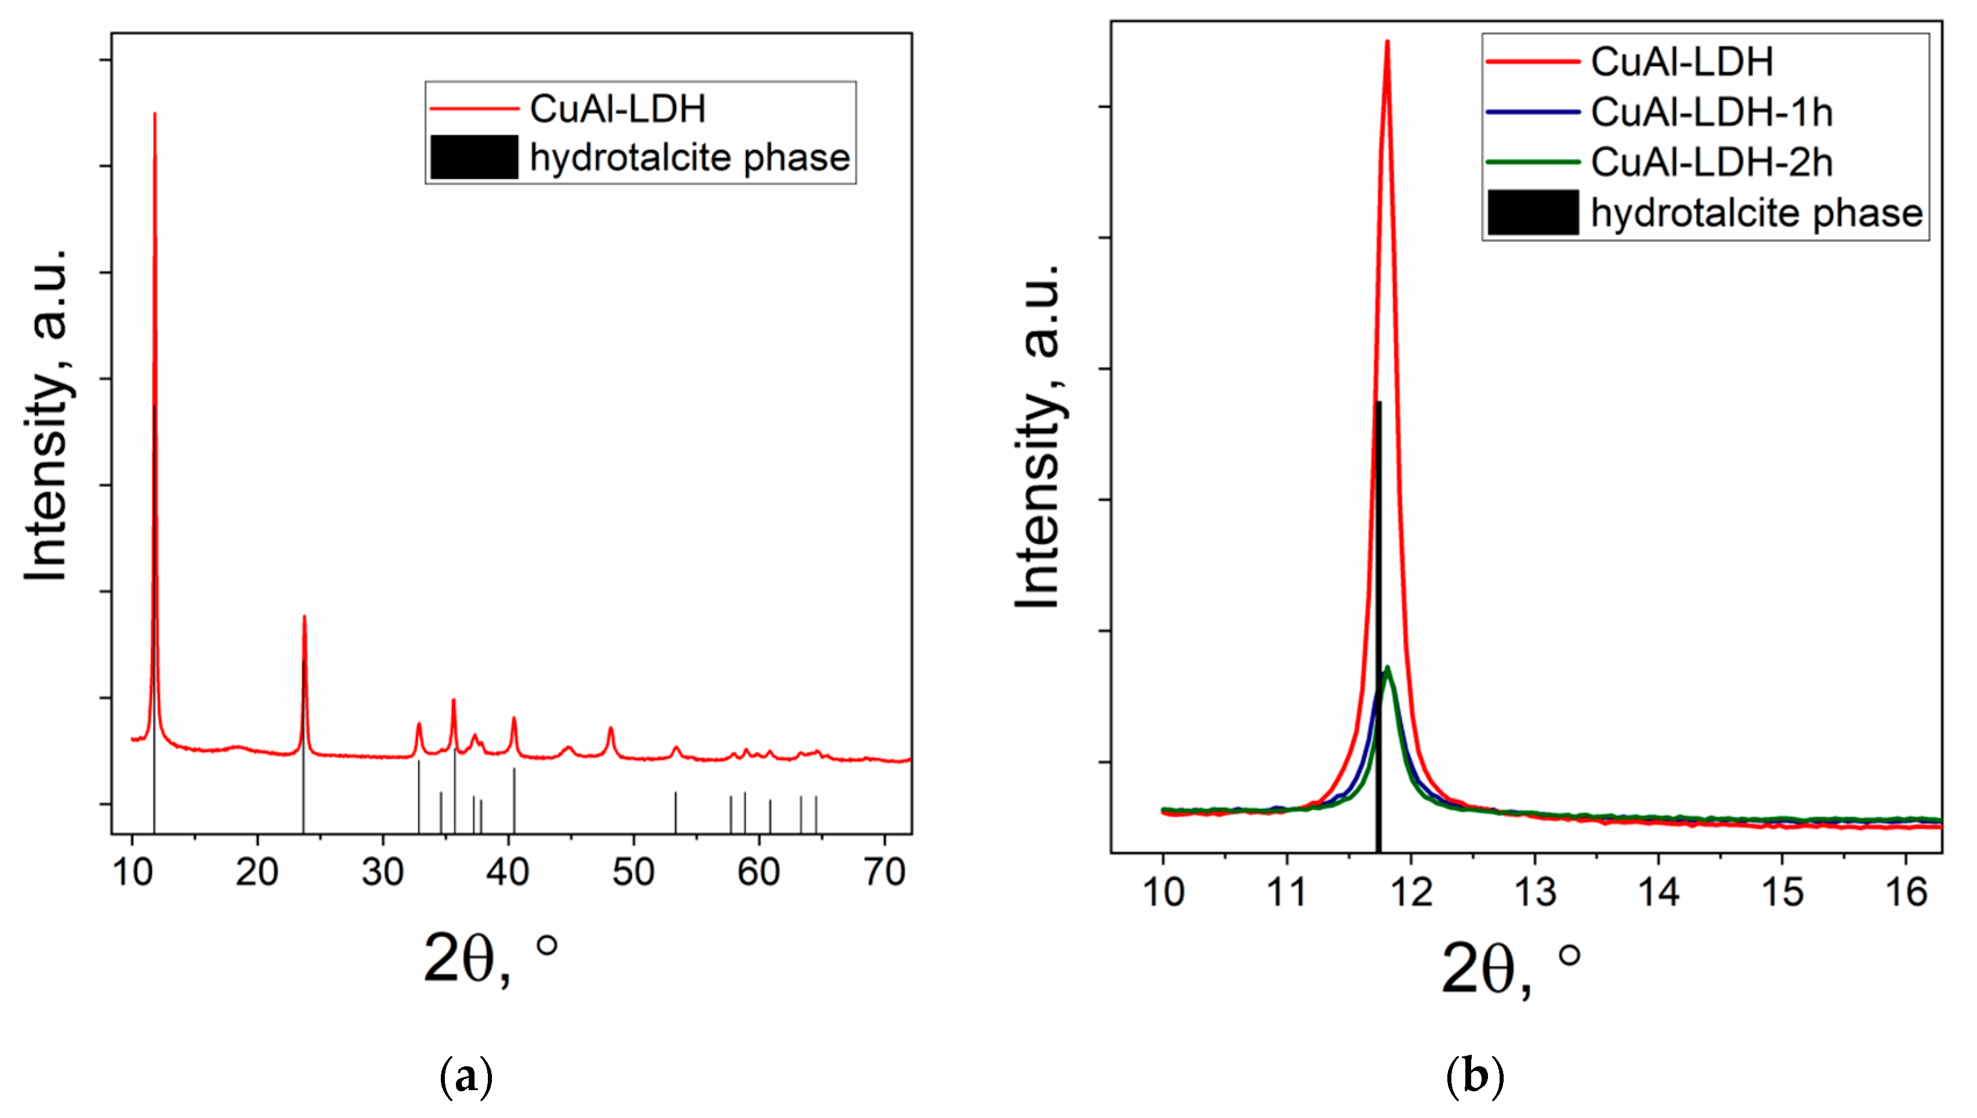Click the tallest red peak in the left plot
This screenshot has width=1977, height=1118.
(x=155, y=115)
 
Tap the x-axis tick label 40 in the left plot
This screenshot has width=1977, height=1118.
(x=507, y=873)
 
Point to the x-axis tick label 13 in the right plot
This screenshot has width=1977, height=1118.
(x=1535, y=893)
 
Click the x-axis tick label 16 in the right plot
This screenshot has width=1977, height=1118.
(x=1906, y=893)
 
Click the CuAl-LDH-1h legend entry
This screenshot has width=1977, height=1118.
(x=1712, y=113)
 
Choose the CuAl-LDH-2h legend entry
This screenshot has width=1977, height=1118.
(x=1712, y=163)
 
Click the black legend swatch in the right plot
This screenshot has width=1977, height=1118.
(x=1533, y=213)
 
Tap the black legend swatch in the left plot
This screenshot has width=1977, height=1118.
(x=473, y=157)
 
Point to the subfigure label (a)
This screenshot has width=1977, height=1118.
(x=466, y=1077)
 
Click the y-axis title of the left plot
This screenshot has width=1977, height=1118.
(x=46, y=415)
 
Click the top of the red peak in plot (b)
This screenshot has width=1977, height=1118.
(x=1387, y=42)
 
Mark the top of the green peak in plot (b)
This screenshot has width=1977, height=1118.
(x=1387, y=668)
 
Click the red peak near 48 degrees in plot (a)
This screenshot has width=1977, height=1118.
(x=611, y=729)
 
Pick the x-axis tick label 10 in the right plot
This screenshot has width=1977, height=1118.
(x=1163, y=893)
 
